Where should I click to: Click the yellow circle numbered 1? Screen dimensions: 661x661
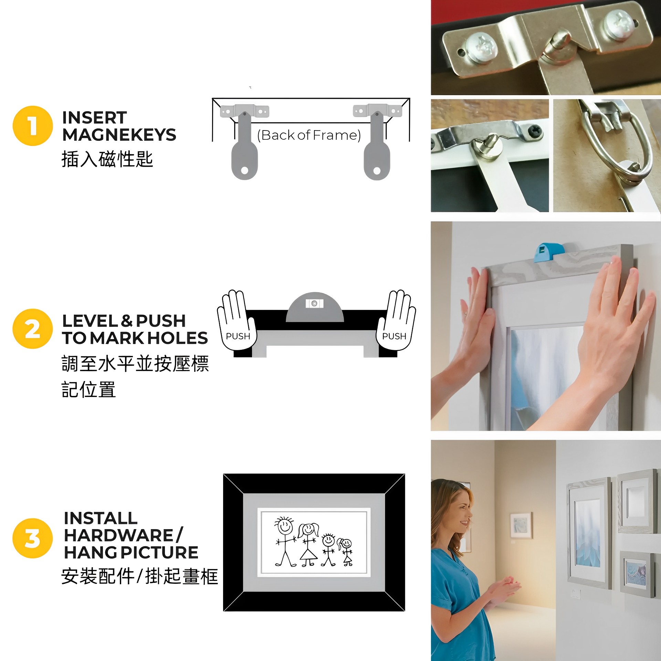33,126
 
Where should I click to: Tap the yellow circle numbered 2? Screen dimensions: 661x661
33,329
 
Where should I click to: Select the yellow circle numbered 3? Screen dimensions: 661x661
33,538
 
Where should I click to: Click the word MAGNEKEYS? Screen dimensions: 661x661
119,135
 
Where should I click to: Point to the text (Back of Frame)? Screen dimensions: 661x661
309,135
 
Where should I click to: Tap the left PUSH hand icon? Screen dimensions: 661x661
237,320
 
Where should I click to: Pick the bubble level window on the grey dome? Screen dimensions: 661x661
314,303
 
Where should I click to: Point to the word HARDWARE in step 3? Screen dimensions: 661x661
118,535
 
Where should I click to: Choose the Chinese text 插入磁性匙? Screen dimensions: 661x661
107,159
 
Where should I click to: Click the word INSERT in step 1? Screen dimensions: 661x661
95,118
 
